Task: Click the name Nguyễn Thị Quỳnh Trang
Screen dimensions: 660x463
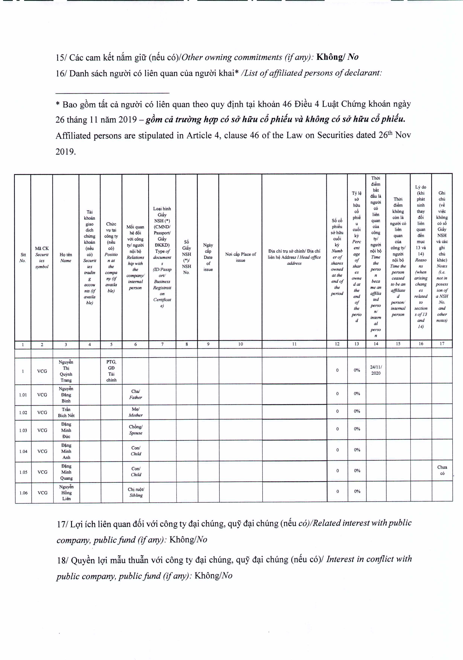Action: click(x=66, y=371)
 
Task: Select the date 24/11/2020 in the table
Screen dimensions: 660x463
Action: click(x=376, y=370)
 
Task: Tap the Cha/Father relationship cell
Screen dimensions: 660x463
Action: click(x=135, y=394)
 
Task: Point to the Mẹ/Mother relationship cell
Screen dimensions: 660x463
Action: click(x=135, y=412)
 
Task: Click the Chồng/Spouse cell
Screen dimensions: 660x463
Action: click(x=136, y=430)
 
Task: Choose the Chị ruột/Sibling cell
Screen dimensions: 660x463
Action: click(x=136, y=492)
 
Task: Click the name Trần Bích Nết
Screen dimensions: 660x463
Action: click(x=66, y=412)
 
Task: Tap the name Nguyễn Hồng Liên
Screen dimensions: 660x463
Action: click(x=66, y=492)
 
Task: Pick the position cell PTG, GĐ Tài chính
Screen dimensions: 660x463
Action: click(x=111, y=371)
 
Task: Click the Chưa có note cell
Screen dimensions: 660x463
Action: click(x=442, y=470)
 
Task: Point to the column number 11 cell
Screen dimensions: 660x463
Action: click(x=294, y=344)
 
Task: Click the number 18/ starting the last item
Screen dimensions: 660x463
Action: click(x=62, y=561)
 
